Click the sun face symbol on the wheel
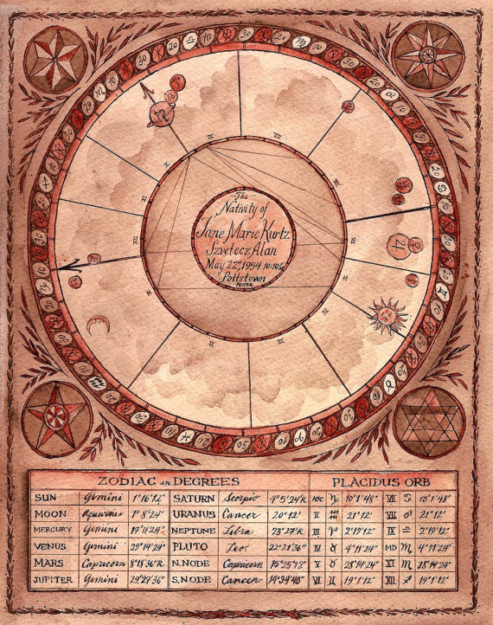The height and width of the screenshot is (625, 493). (x=387, y=313)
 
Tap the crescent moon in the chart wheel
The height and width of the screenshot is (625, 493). (x=96, y=326)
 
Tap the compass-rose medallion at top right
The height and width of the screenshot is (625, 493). (x=427, y=55)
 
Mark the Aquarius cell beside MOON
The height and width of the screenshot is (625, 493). (x=105, y=514)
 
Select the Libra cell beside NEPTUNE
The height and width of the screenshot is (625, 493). (x=247, y=531)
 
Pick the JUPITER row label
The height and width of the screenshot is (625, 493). (x=53, y=579)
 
